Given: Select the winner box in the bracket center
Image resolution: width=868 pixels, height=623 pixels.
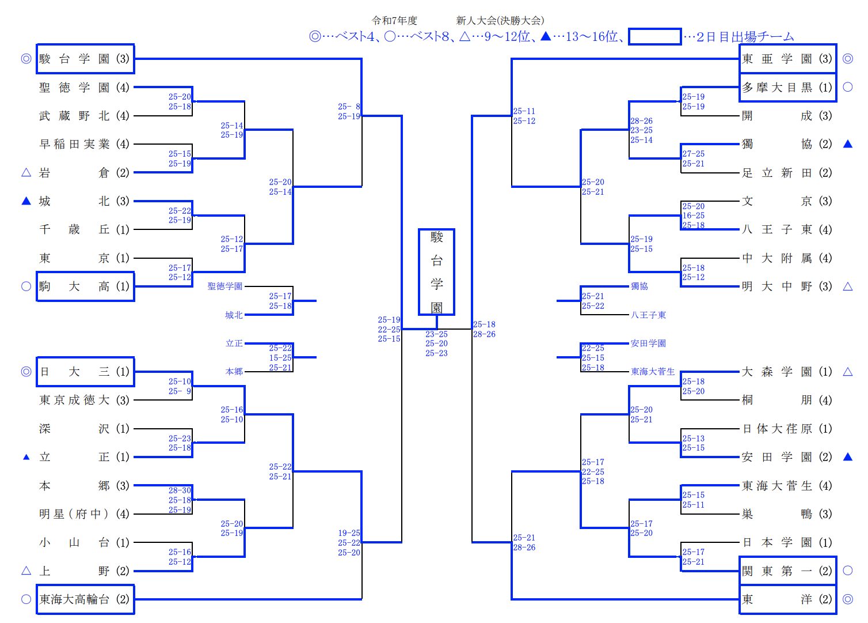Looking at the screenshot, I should (436, 272).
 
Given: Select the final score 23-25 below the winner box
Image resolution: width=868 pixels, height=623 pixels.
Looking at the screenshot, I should (436, 334).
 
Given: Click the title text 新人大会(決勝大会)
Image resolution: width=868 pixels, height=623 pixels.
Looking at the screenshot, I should (500, 21).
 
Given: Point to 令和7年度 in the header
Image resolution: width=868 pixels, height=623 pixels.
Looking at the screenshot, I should (394, 21).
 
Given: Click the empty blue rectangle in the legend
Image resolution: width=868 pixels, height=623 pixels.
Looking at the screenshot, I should (654, 37).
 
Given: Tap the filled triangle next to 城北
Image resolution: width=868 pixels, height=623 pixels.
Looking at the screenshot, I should (26, 201).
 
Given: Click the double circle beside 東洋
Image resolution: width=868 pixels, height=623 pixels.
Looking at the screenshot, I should (847, 599).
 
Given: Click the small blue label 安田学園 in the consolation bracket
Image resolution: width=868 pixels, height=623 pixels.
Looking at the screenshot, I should (648, 343).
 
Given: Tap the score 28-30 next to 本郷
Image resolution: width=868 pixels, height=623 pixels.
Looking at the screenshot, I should (180, 490).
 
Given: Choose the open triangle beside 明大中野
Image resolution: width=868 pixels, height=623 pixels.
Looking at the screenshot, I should (847, 286).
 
